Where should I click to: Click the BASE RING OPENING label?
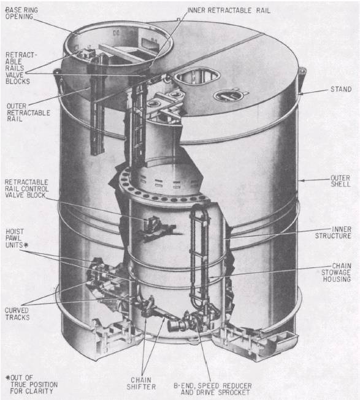[21, 13]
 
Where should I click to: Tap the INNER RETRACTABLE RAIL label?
[229, 10]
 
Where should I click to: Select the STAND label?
[341, 90]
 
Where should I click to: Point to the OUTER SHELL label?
[340, 181]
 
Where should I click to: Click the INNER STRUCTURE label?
[333, 233]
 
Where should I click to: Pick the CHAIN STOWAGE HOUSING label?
[336, 272]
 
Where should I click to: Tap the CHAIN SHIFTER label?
[141, 383]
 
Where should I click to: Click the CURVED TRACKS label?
[17, 313]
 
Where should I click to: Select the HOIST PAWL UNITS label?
[17, 238]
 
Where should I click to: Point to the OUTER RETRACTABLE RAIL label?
[28, 112]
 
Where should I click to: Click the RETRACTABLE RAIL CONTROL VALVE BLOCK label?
[26, 189]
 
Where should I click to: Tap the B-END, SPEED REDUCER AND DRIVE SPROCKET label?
[213, 389]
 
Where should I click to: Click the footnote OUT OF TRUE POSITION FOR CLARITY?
[32, 384]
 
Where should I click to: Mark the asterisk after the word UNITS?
[26, 245]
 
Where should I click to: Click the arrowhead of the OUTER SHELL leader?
[301, 180]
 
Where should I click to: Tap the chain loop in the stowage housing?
[200, 255]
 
